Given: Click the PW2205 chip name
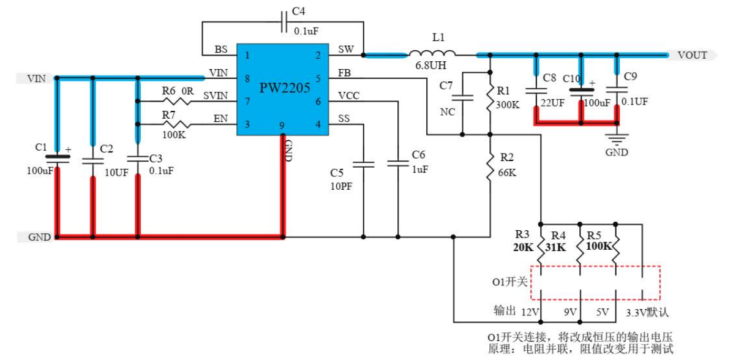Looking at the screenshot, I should pos(282,88).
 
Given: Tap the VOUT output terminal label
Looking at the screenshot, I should pos(692,55).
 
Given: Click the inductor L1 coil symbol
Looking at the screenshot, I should pos(432,53).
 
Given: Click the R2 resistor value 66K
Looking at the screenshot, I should pos(507,173).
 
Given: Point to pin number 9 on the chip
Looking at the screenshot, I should pos(282,127).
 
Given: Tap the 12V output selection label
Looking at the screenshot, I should pos(529,312).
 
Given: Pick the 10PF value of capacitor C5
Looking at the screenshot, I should pos(340,186).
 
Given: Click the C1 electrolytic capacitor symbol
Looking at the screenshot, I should pos(57,158).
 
